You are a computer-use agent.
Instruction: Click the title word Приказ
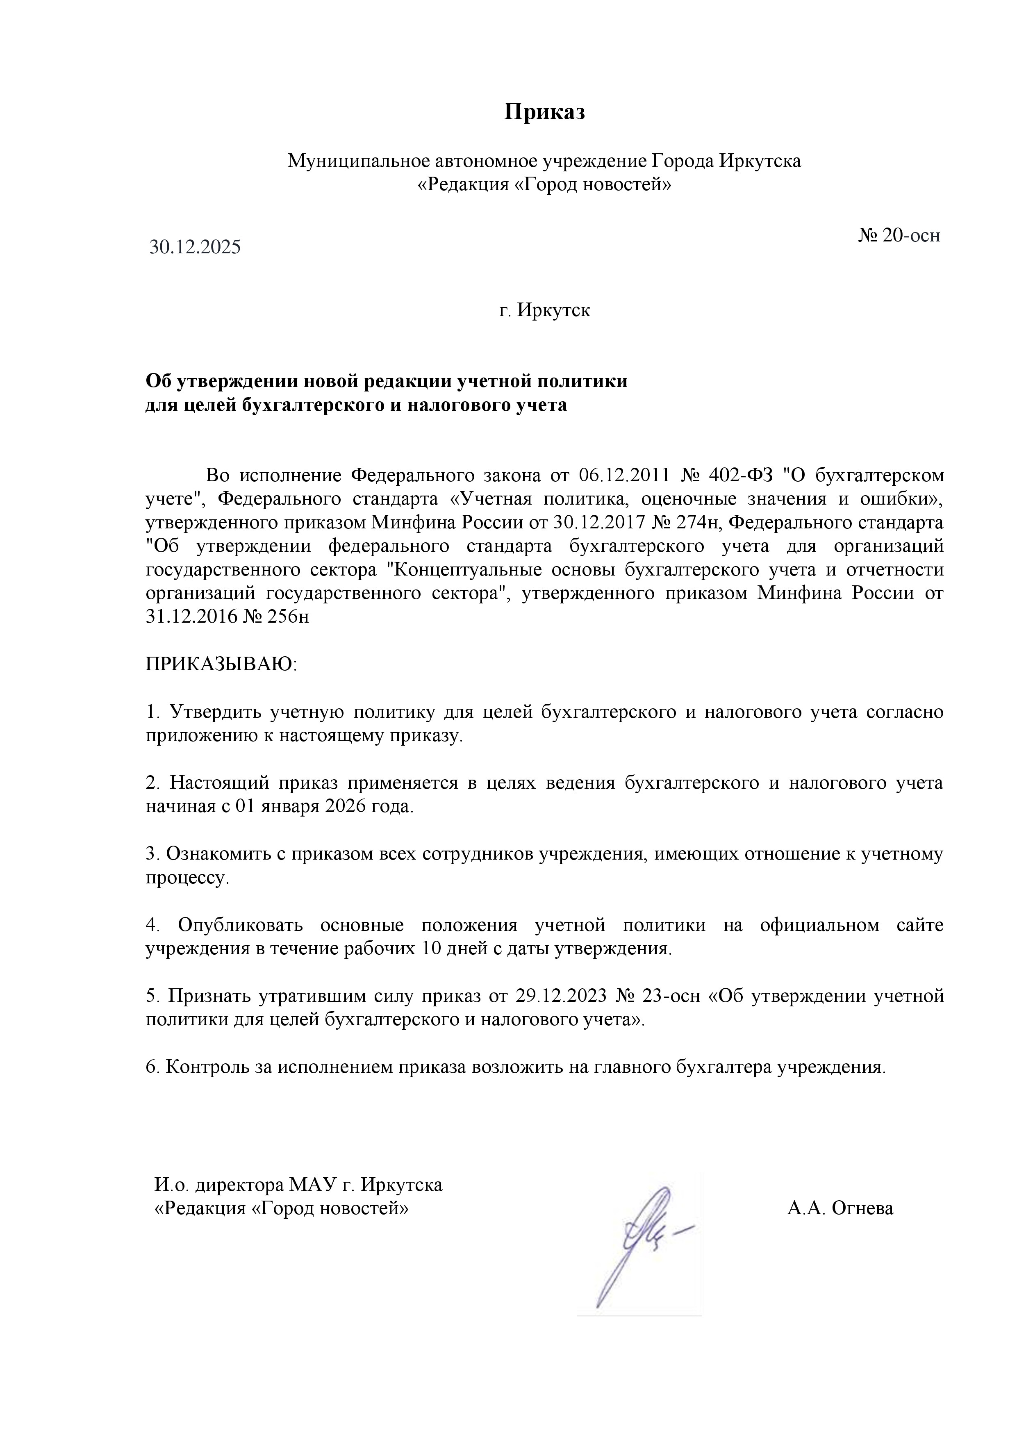pyautogui.click(x=544, y=112)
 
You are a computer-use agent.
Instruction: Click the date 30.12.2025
pyautogui.click(x=195, y=248)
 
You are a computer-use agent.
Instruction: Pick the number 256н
pyautogui.click(x=288, y=617)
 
